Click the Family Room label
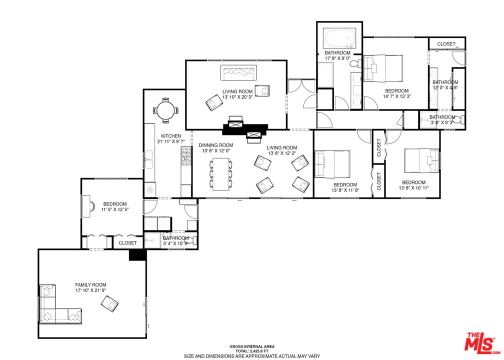coord(90,285)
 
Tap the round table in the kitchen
coord(165,110)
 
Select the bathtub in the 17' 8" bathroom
coord(340,38)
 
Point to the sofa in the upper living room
coord(238,73)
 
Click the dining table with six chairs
coord(221,174)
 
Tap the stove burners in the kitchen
coord(186,156)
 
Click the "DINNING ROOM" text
coord(215,145)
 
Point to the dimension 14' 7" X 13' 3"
coord(396,96)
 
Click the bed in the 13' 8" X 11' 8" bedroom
coord(332,164)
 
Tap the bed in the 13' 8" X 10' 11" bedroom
coord(421,160)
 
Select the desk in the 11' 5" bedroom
coord(86,206)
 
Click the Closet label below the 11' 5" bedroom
coord(127,243)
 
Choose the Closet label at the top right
coord(446,43)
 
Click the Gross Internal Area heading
coord(251,346)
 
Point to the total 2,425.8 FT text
coord(251,351)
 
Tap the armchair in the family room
coord(109,304)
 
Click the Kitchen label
coord(171,136)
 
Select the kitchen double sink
coord(149,159)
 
